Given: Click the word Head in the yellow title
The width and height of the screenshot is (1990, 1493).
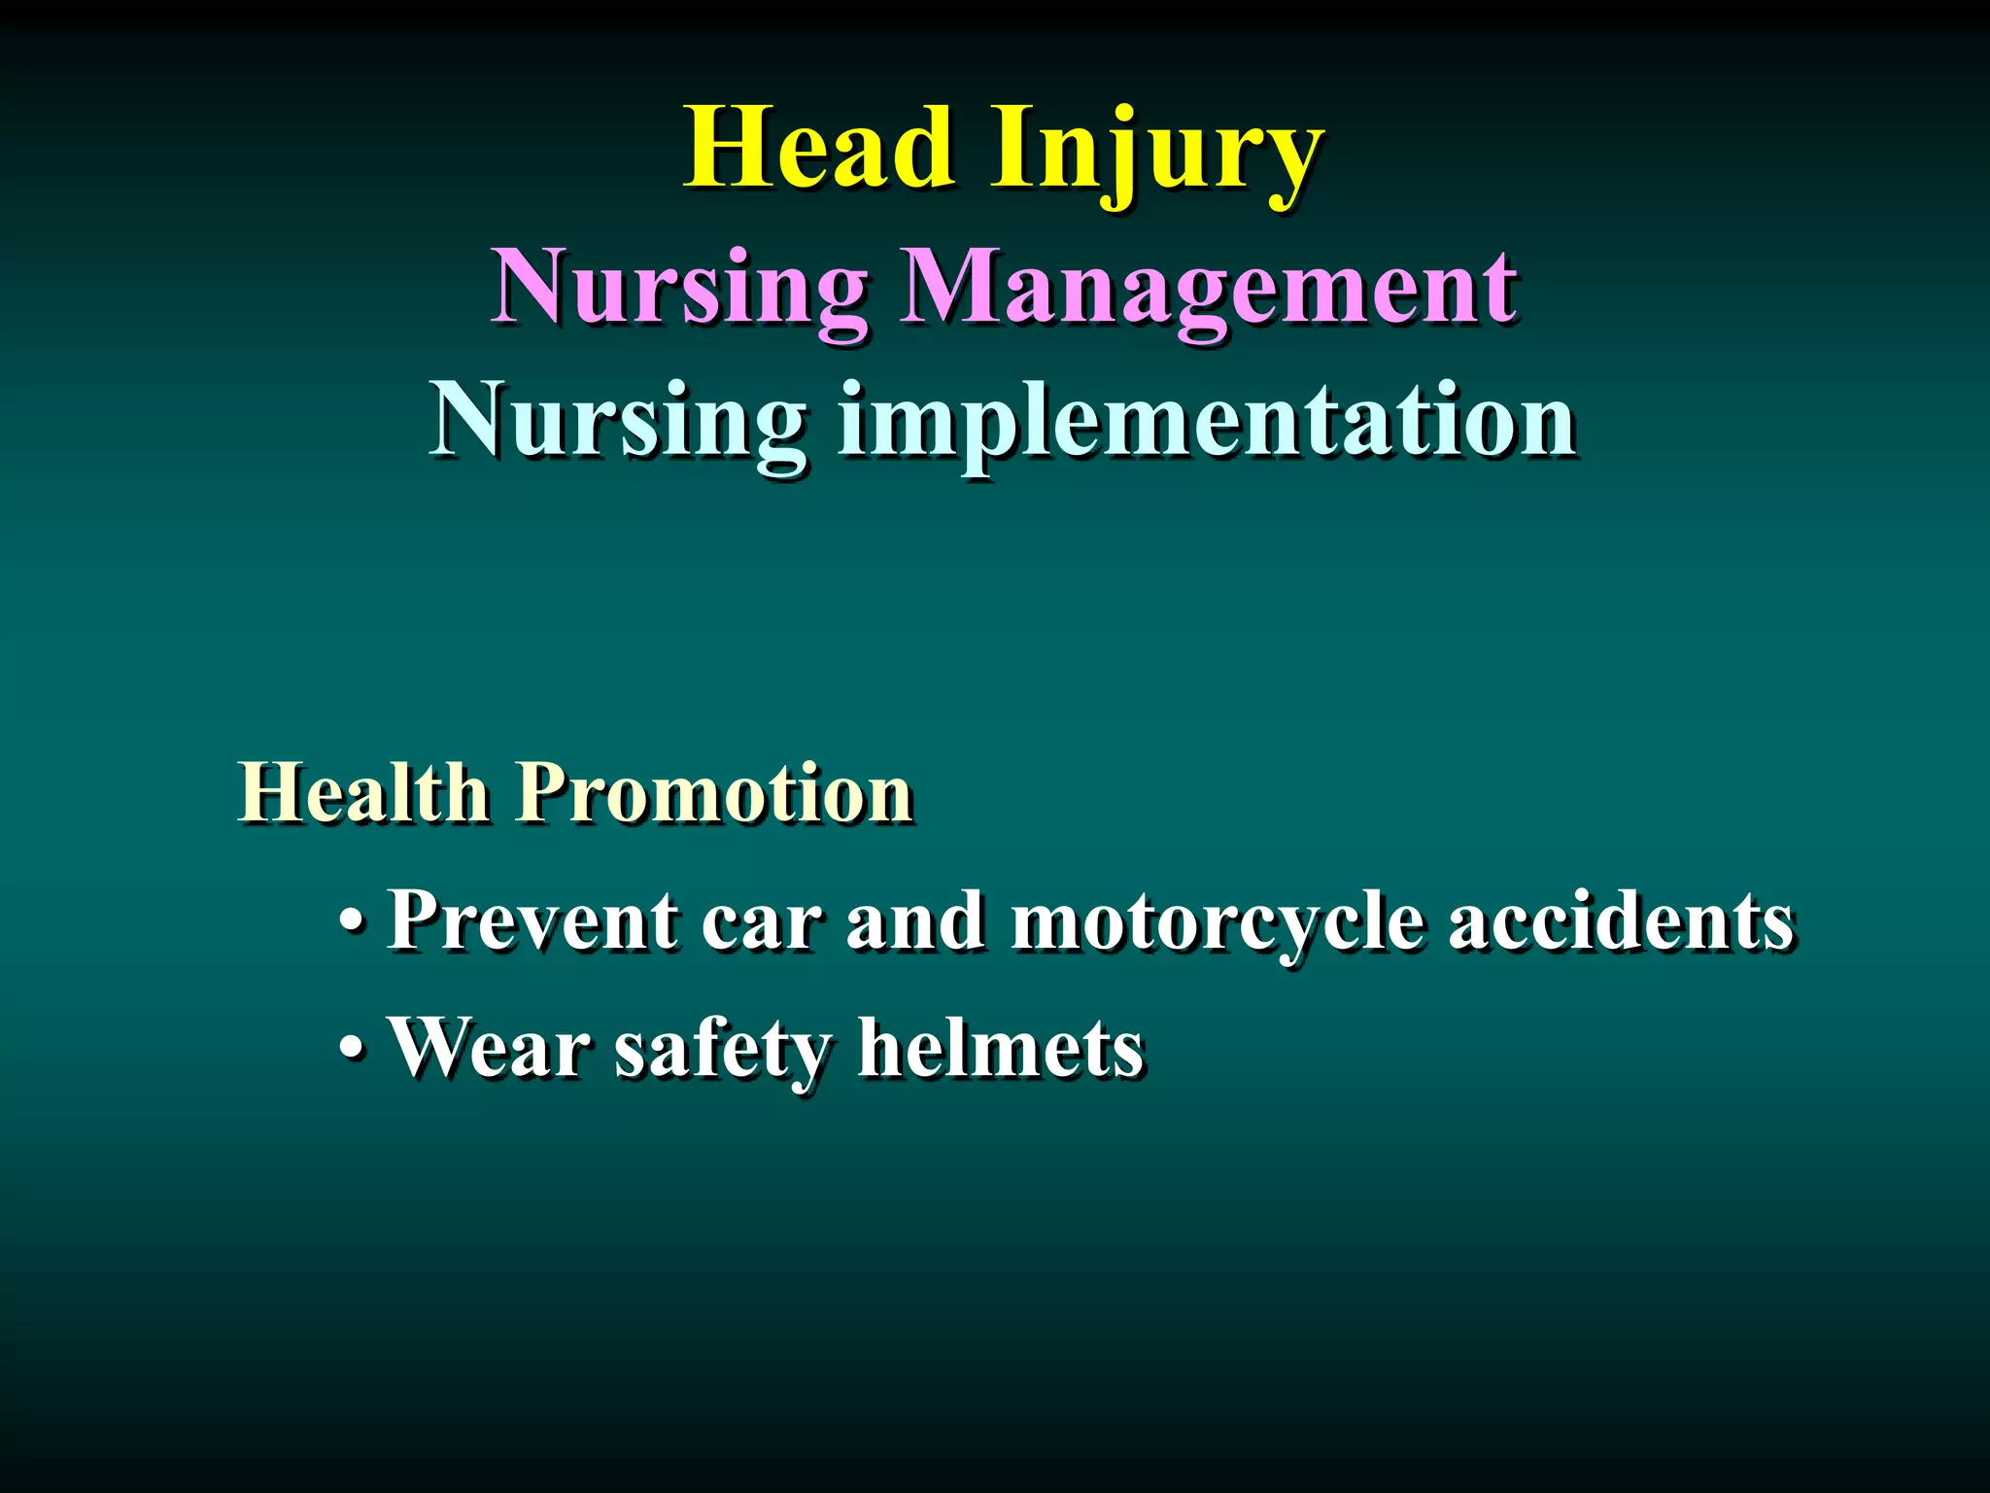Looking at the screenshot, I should click(818, 150).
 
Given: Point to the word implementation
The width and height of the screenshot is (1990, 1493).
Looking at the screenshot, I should click(1207, 422).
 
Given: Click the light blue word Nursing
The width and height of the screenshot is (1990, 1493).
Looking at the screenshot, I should click(619, 422).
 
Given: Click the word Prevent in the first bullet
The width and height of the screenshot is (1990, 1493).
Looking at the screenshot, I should click(532, 920).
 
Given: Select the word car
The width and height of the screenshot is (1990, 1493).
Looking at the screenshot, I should click(761, 922).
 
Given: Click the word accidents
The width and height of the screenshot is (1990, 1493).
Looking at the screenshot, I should click(1621, 920).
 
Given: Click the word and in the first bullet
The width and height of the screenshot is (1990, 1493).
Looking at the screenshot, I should click(914, 920).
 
